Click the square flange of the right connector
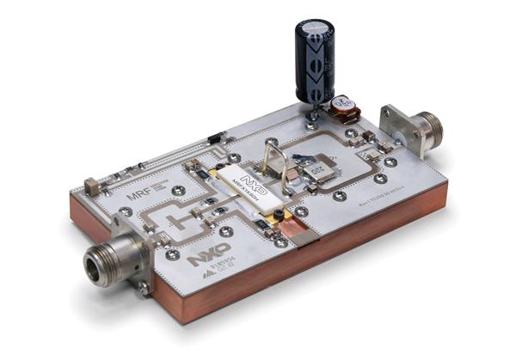click(396, 126)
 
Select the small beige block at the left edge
click(89, 186)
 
